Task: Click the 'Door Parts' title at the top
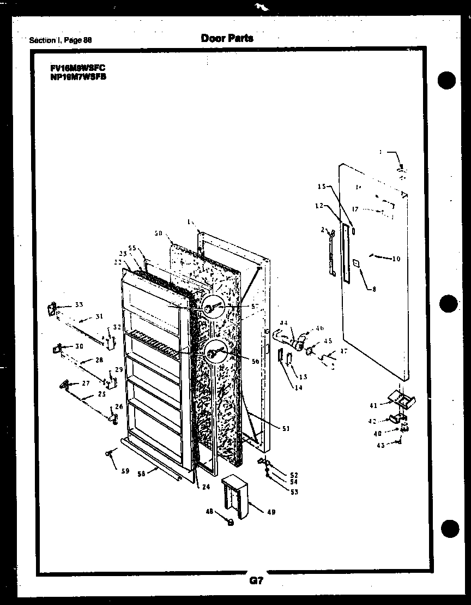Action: (227, 38)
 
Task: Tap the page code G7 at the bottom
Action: (256, 582)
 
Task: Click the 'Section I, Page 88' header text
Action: (61, 40)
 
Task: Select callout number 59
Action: (125, 471)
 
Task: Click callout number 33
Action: (78, 304)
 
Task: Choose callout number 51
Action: (285, 429)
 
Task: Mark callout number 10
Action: (396, 259)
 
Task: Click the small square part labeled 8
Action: (357, 262)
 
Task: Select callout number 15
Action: (322, 187)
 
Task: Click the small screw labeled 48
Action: (230, 522)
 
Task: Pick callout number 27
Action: (86, 383)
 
